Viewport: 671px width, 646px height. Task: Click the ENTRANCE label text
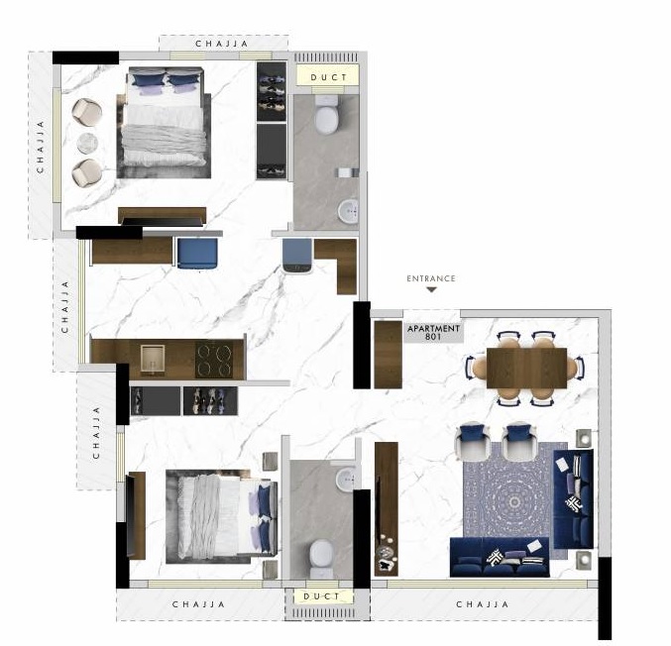pyautogui.click(x=431, y=278)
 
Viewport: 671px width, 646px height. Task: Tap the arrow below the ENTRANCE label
pyautogui.click(x=432, y=289)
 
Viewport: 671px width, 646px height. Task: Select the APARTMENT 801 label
pyautogui.click(x=433, y=332)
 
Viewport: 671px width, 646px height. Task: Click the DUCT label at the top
pyautogui.click(x=328, y=77)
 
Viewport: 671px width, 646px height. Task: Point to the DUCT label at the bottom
pyautogui.click(x=322, y=596)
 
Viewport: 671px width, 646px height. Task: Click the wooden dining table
pyautogui.click(x=526, y=368)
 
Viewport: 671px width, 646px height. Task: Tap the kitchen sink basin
pyautogui.click(x=153, y=359)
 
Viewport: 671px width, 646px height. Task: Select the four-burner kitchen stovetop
pyautogui.click(x=214, y=360)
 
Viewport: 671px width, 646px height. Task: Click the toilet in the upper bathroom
pyautogui.click(x=326, y=114)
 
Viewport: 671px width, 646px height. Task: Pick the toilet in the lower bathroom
pyautogui.click(x=321, y=558)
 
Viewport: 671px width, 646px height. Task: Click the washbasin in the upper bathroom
pyautogui.click(x=349, y=211)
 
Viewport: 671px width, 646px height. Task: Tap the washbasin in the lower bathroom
pyautogui.click(x=346, y=480)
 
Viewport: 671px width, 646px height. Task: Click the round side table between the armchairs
pyautogui.click(x=88, y=143)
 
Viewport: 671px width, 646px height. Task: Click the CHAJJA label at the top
pyautogui.click(x=222, y=44)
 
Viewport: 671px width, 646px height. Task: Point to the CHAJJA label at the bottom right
pyautogui.click(x=483, y=604)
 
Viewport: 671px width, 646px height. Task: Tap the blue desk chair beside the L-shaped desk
pyautogui.click(x=296, y=255)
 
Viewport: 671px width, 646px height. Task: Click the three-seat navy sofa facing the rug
pyautogui.click(x=500, y=557)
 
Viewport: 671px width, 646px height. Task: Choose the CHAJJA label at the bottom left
pyautogui.click(x=198, y=604)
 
